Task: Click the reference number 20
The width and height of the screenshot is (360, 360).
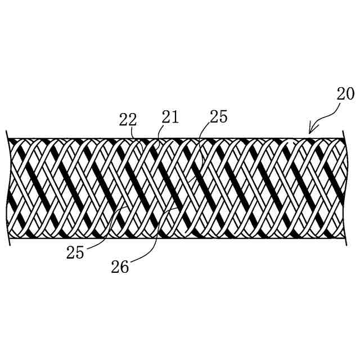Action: coord(345,93)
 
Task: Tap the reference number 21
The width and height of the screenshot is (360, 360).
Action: coord(170,117)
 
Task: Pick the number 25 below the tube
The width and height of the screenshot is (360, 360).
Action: coord(75,253)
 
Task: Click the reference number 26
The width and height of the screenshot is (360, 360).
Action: coord(119,267)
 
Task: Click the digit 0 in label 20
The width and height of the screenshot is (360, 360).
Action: coord(350,93)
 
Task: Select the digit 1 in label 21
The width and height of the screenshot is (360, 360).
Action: coord(174,117)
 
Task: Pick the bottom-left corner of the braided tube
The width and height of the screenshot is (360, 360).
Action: coord(9,237)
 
